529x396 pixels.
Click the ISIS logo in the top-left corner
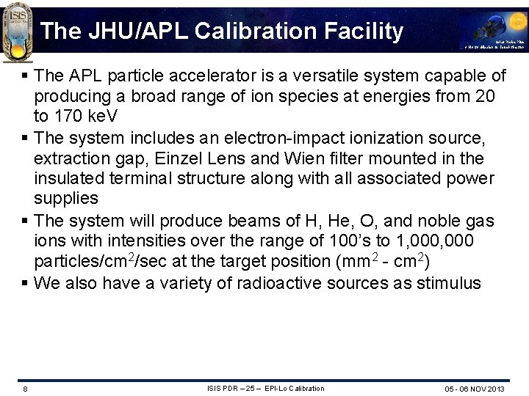[17, 31]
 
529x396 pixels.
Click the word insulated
[69, 178]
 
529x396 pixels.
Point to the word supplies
[66, 199]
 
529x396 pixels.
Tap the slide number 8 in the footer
[25, 389]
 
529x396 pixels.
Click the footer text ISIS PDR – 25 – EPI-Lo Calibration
[265, 389]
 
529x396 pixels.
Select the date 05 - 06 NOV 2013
[474, 389]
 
